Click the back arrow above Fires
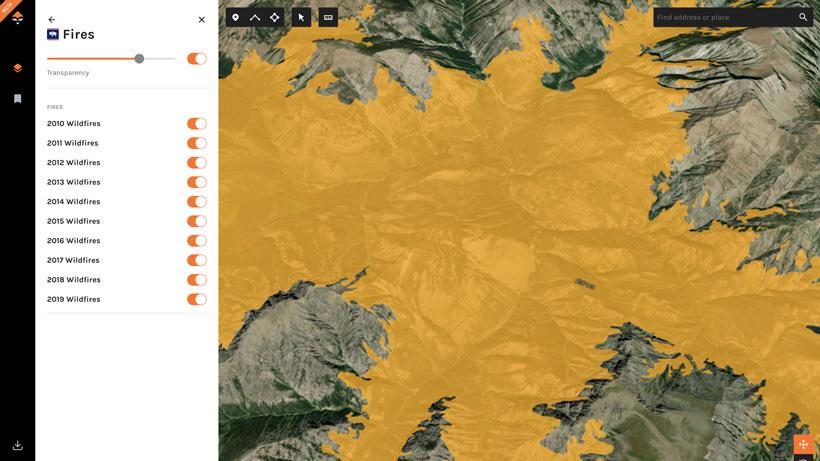pos(52,19)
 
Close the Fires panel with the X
pos(201,19)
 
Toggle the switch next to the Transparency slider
pos(197,59)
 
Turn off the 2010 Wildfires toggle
pos(197,124)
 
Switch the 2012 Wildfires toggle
pos(197,163)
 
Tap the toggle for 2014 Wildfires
pos(197,202)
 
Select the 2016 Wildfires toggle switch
pos(197,241)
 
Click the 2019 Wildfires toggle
pos(197,299)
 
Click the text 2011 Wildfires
pos(72,143)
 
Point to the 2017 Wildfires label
pos(73,260)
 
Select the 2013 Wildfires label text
pos(73,182)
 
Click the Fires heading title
pos(78,35)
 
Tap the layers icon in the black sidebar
pos(17,68)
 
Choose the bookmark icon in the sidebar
pos(17,99)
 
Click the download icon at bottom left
pos(17,446)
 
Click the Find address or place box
pos(722,17)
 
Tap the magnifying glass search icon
pos(803,17)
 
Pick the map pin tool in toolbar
pos(236,17)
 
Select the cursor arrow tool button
pos(301,17)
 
